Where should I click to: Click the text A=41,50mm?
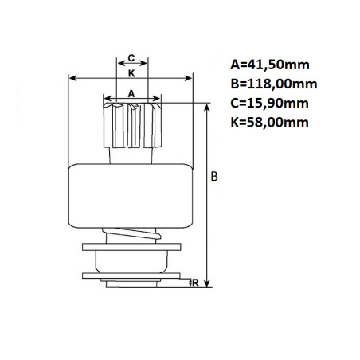(x=270, y=65)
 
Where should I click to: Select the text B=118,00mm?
(x=274, y=84)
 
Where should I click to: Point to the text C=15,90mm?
(x=269, y=103)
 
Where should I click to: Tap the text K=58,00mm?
(x=269, y=123)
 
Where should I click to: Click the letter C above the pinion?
(x=131, y=57)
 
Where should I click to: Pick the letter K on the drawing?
(x=131, y=73)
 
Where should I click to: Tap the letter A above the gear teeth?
(x=131, y=93)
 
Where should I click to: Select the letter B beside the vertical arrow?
(x=214, y=176)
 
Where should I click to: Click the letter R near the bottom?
(x=195, y=283)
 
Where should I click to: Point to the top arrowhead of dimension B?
(x=208, y=107)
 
